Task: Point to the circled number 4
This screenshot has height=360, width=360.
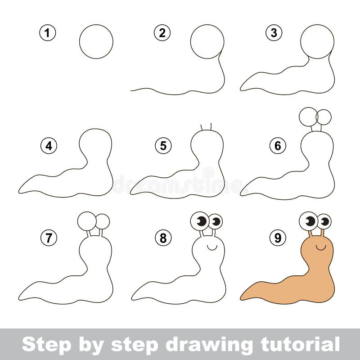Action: [x=48, y=146]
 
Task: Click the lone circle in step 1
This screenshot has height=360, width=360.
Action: [x=96, y=41]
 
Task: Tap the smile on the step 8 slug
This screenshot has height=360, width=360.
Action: [x=211, y=247]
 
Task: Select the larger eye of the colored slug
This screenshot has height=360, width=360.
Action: [x=309, y=220]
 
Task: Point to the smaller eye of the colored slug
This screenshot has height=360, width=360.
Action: [x=324, y=221]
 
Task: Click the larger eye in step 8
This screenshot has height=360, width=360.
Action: [x=200, y=220]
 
